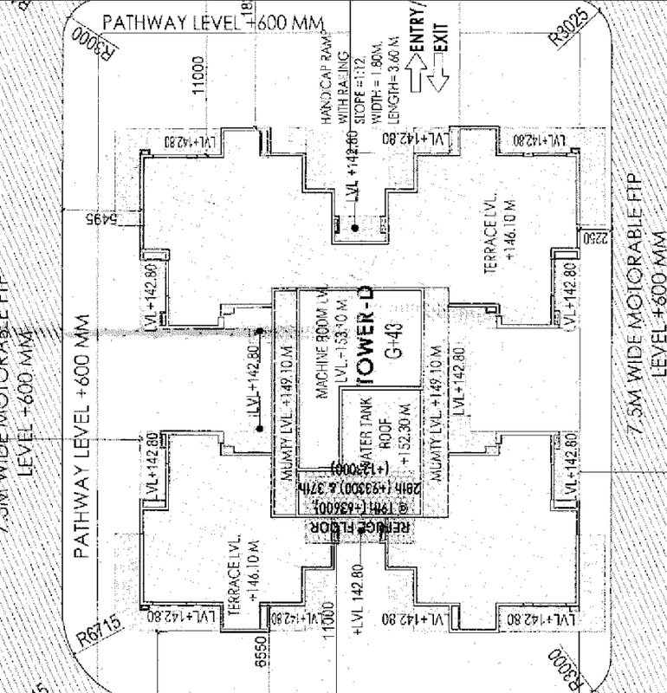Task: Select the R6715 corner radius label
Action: click(x=103, y=631)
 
